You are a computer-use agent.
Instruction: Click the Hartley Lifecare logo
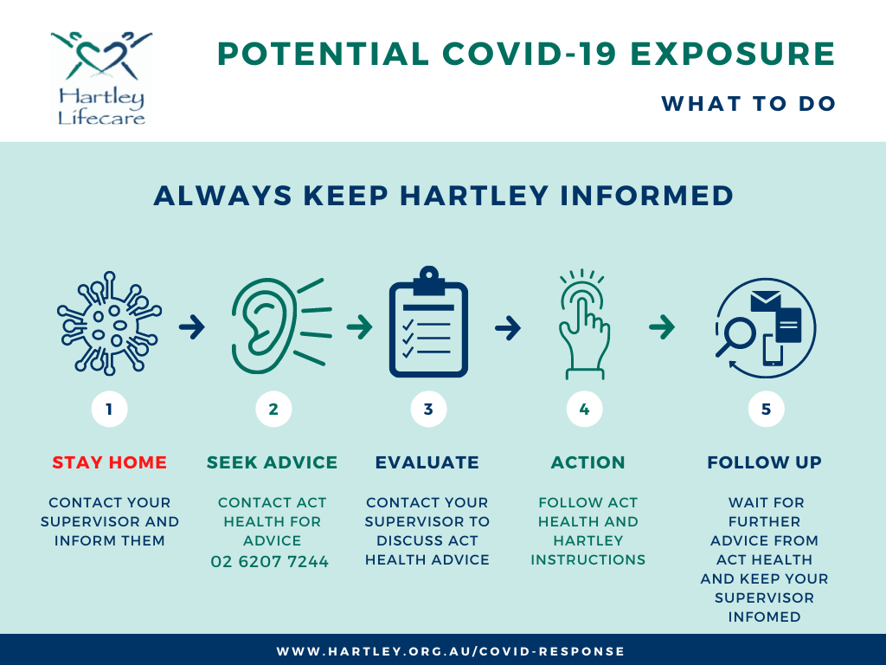(x=101, y=78)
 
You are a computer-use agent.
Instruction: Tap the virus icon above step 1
(x=109, y=324)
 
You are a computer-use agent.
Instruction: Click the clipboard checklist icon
(x=428, y=322)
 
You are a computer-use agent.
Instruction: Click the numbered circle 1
(x=109, y=409)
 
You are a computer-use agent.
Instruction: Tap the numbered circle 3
(x=428, y=409)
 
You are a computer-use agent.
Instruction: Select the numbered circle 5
(x=766, y=409)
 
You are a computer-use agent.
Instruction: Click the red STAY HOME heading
(x=110, y=462)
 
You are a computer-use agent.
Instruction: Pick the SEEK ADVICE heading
(x=272, y=462)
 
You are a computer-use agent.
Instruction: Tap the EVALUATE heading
(x=427, y=462)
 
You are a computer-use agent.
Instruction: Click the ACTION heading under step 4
(x=587, y=462)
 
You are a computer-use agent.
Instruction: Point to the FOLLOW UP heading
(x=765, y=462)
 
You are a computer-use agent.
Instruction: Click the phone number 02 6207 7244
(x=270, y=561)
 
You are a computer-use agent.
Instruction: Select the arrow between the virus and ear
(x=191, y=326)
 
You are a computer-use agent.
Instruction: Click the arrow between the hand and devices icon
(x=662, y=326)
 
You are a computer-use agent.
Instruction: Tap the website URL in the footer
(x=450, y=651)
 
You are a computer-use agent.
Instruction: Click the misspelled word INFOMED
(x=765, y=617)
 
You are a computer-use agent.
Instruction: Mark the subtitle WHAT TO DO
(x=748, y=104)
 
